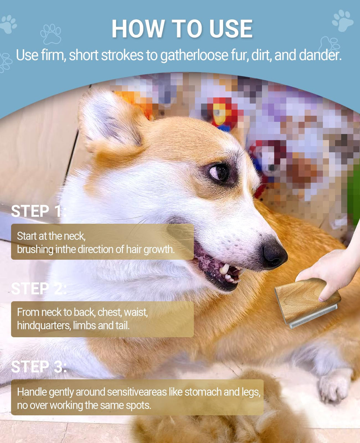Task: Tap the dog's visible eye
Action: pos(219,172)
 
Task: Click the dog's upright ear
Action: pos(110,121)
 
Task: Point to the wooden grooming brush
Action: pos(307,303)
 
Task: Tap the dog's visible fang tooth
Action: pos(224,269)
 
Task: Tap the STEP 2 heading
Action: pos(39,289)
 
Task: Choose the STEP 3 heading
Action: pos(39,367)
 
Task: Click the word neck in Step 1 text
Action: pos(74,236)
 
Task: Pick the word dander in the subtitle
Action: pos(320,55)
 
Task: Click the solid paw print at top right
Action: pos(342,21)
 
